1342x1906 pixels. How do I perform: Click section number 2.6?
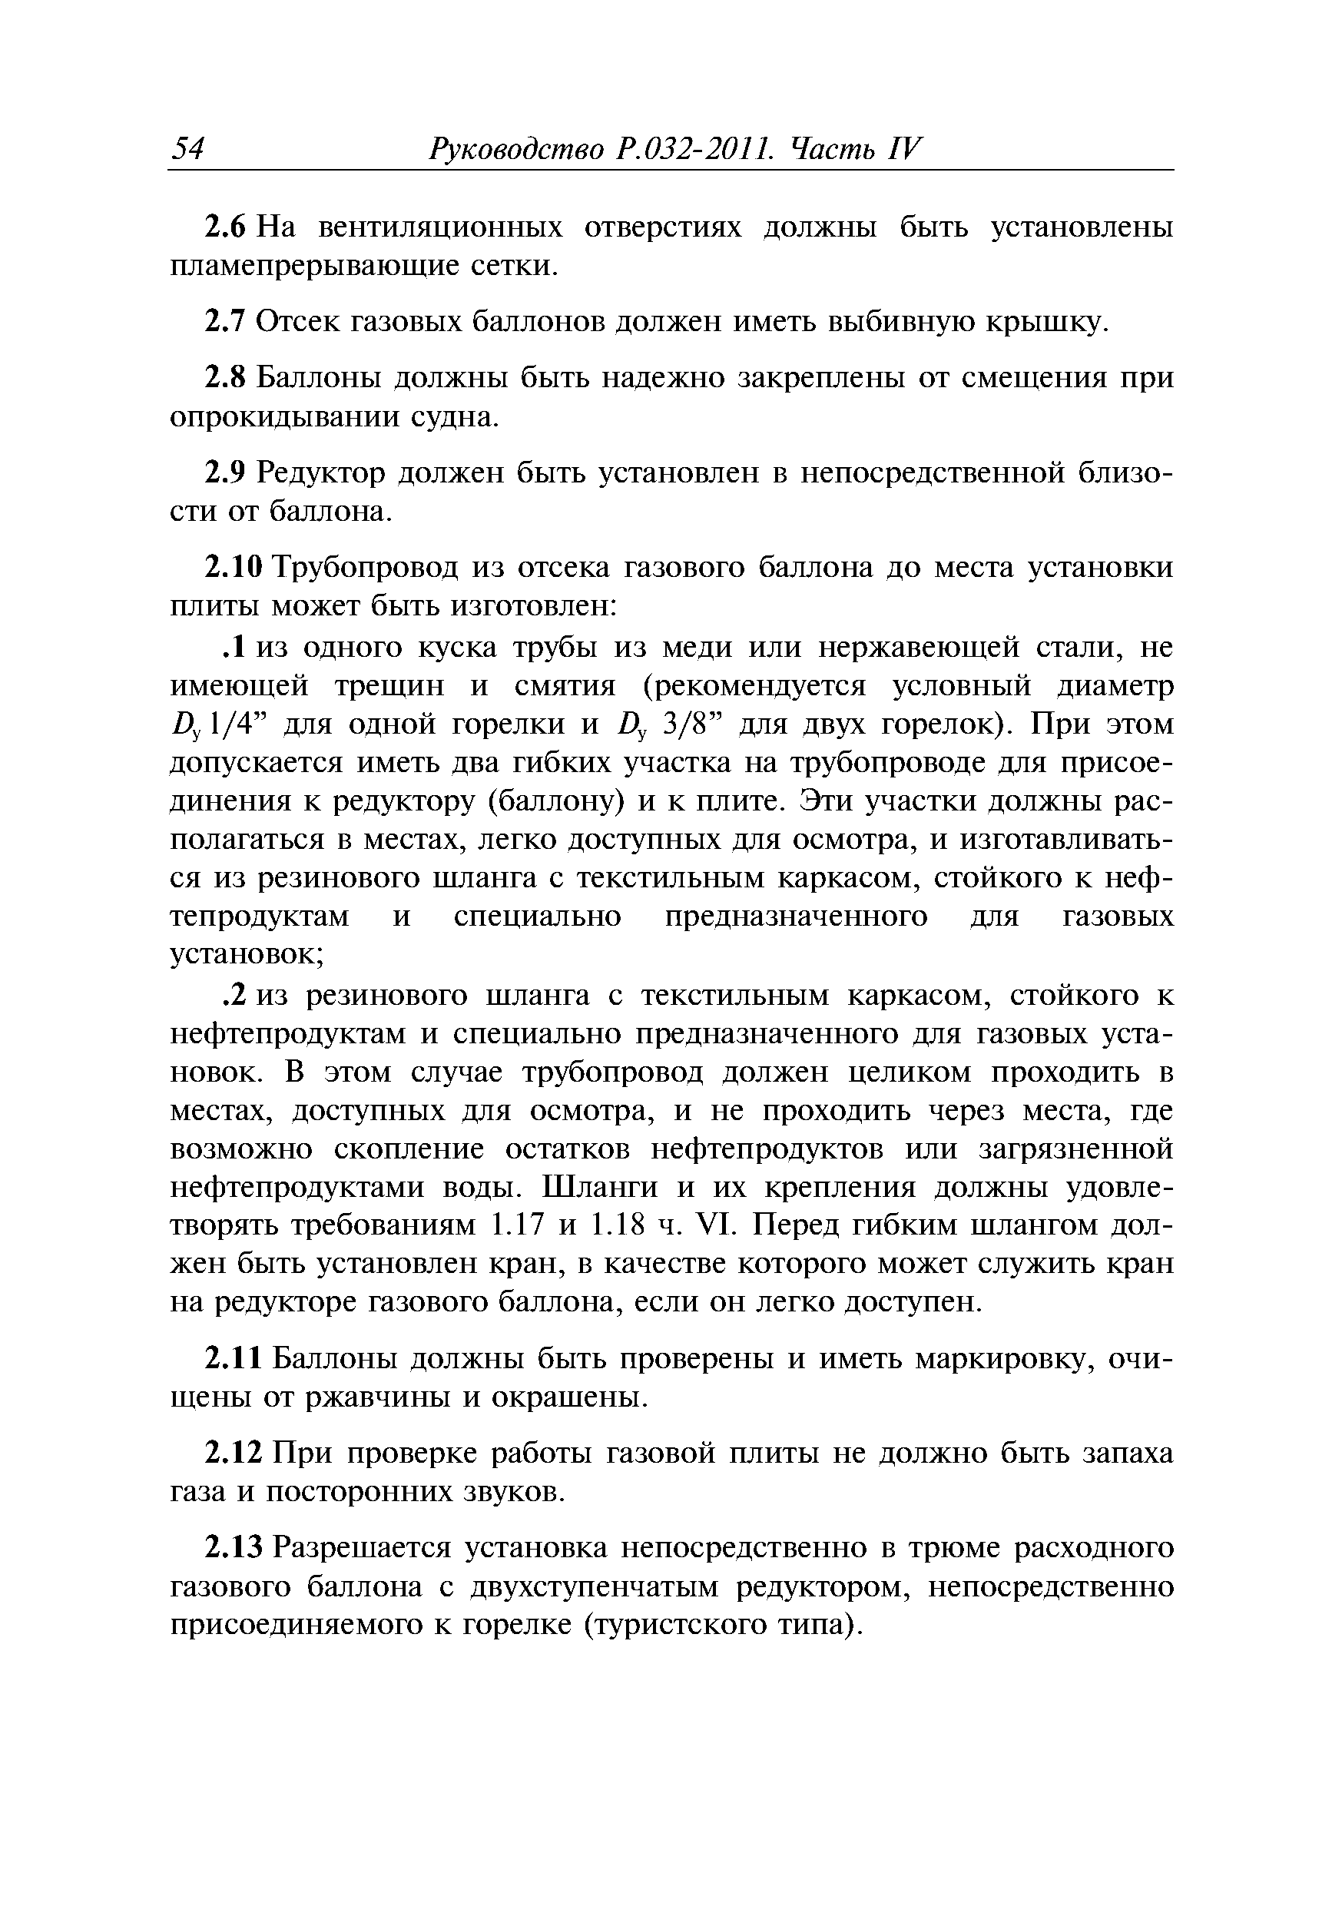[x=226, y=227]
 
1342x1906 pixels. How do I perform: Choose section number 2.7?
[x=225, y=322]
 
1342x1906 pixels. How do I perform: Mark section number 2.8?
[x=225, y=378]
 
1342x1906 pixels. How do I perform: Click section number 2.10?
[x=234, y=568]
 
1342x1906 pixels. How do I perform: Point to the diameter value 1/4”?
[x=241, y=724]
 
